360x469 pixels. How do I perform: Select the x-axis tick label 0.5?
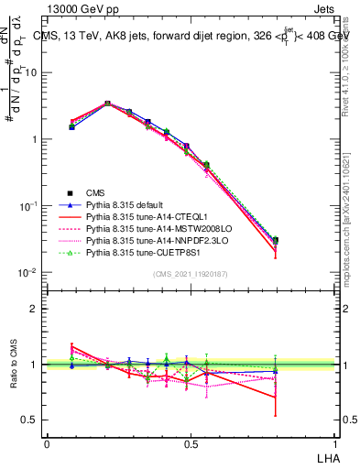[191, 444]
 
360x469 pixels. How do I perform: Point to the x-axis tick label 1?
[334, 444]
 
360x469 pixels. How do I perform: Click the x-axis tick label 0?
[47, 444]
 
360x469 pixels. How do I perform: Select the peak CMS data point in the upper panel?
[108, 104]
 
